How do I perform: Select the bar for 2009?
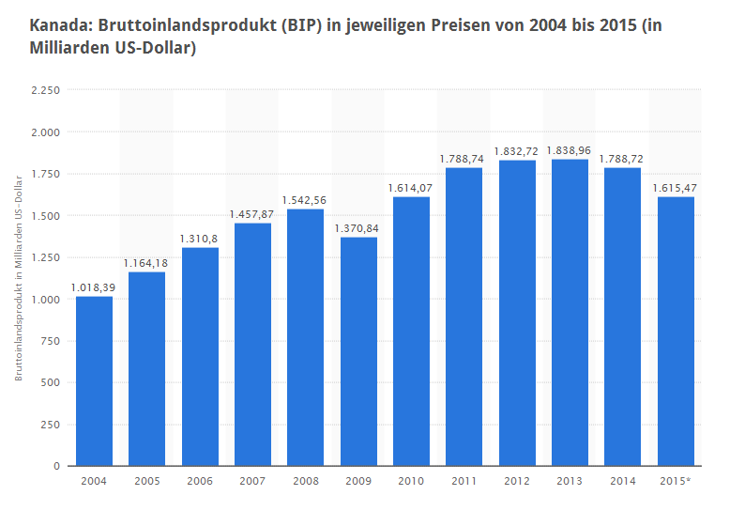click(358, 351)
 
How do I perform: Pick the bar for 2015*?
click(676, 331)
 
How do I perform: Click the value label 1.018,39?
click(94, 286)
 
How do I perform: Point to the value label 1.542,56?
click(306, 199)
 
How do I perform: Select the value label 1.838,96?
click(570, 149)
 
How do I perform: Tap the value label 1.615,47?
click(676, 187)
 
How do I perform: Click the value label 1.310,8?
click(200, 238)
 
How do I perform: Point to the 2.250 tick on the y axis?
click(46, 90)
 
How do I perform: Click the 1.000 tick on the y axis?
click(46, 300)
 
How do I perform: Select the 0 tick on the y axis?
click(56, 466)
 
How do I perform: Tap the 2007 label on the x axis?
click(252, 482)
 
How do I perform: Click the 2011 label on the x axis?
click(464, 482)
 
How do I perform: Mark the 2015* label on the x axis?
click(676, 482)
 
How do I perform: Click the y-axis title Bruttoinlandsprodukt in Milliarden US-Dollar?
click(19, 277)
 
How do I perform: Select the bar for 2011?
click(464, 317)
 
